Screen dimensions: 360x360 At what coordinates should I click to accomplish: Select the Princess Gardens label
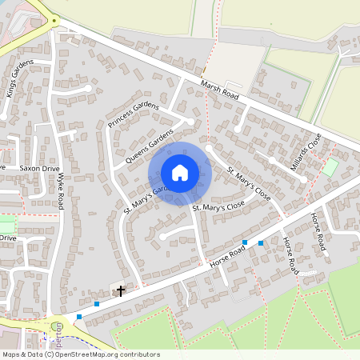pos(134,116)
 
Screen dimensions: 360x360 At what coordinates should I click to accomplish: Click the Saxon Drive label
pos(40,169)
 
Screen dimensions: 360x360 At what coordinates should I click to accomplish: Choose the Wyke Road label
pos(60,194)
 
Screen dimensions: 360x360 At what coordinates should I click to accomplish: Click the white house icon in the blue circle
pos(180,172)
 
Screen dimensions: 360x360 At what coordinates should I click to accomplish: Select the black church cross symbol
pos(122,290)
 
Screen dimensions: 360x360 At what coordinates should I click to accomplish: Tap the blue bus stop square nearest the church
pos(97,304)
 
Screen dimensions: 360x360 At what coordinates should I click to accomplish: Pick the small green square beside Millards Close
pos(329,168)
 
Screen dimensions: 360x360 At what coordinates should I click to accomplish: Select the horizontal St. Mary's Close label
pos(218,206)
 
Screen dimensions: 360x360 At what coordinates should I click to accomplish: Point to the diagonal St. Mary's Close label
pos(252,183)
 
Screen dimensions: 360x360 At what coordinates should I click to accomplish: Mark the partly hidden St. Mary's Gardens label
pos(144,198)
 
